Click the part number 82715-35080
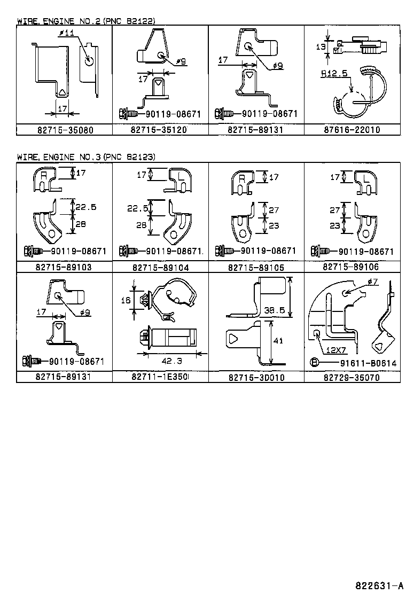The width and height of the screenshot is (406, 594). coord(64,130)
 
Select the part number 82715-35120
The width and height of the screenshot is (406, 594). coord(160,130)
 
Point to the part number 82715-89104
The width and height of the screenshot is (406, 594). coord(160,267)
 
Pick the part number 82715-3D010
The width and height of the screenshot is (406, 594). coord(256,377)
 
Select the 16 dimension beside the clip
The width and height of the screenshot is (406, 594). coord(126,301)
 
